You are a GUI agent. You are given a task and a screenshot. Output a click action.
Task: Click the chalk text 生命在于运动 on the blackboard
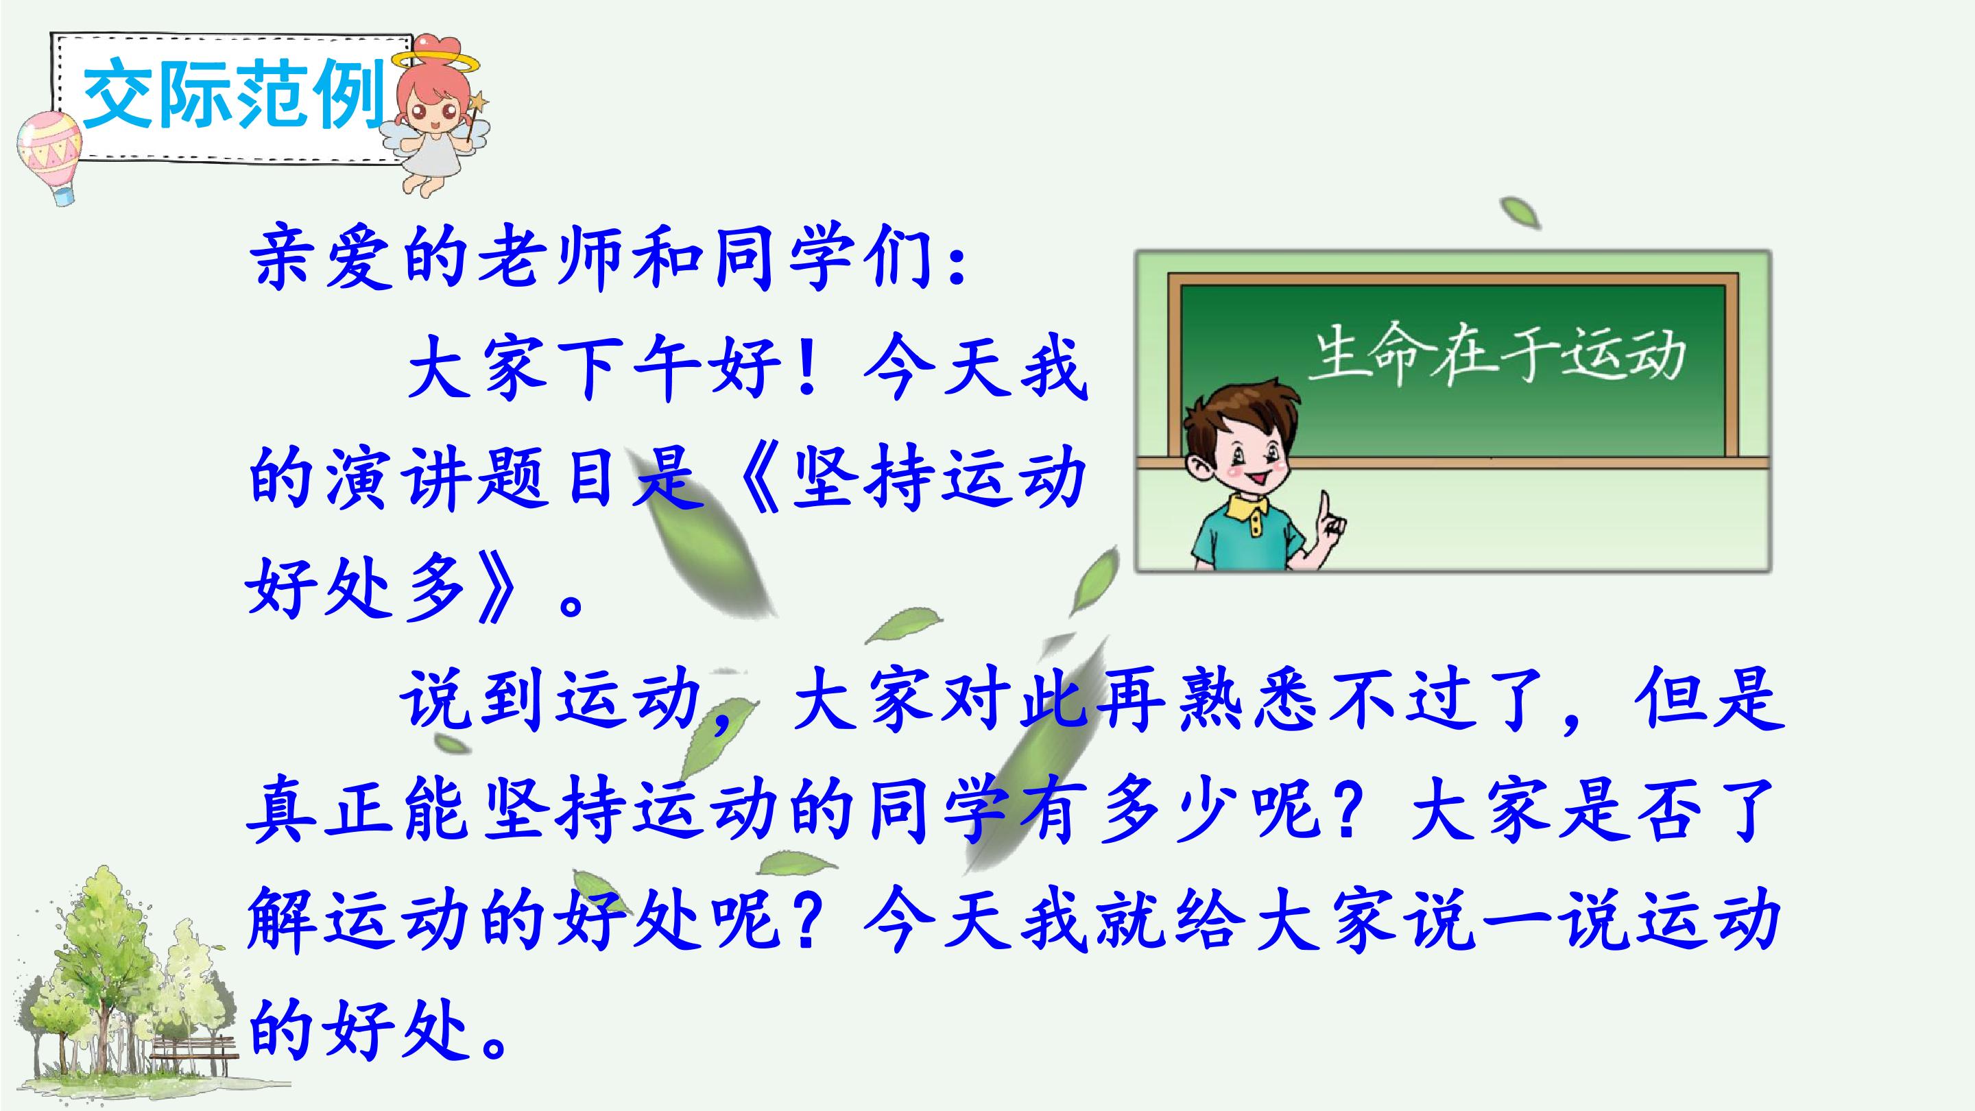point(1497,357)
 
